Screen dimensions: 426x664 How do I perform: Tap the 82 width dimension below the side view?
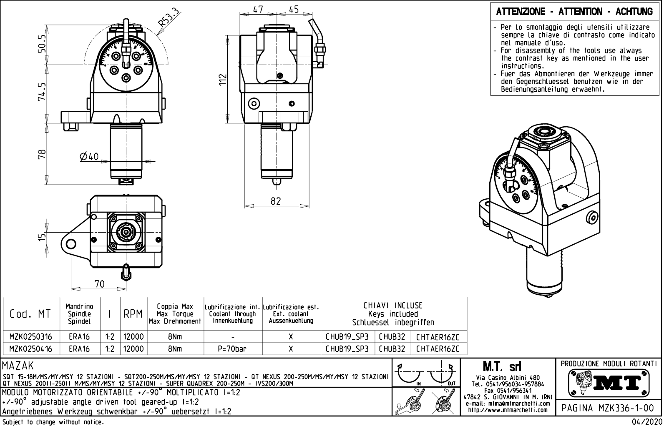[276, 201]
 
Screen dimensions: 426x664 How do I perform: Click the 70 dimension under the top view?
[99, 284]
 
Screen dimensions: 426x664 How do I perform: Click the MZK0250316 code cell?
[31, 337]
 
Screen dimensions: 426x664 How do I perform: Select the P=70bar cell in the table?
[232, 349]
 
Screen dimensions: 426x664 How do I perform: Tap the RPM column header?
[133, 314]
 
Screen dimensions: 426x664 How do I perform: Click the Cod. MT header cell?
[30, 314]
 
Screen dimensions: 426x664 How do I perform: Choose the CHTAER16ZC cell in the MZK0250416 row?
[438, 349]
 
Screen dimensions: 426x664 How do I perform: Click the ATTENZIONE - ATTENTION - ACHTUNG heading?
[574, 12]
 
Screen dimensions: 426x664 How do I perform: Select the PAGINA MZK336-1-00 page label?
[609, 408]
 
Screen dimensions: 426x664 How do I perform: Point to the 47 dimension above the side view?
[258, 10]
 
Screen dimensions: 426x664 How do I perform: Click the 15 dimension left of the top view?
[41, 238]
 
